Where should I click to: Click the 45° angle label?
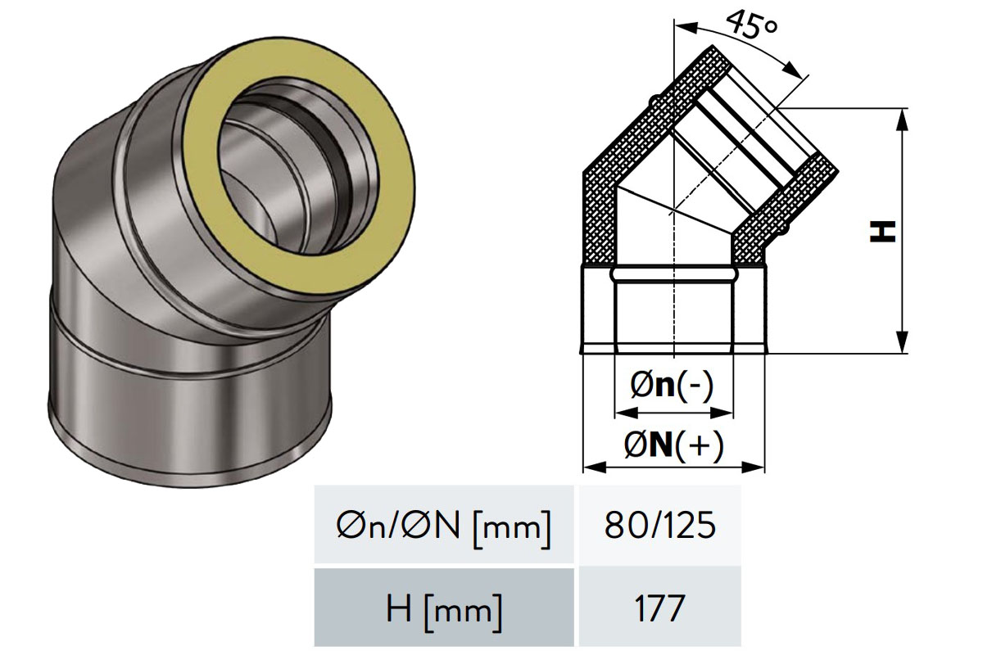pos(752,25)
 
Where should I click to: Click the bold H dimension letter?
pos(882,231)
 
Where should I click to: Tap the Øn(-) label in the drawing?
pos(672,387)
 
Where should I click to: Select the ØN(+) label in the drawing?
pos(673,446)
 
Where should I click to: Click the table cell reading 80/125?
pos(659,525)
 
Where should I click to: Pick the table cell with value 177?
pos(659,608)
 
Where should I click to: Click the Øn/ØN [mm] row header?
pos(444,525)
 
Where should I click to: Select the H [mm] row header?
pos(444,608)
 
